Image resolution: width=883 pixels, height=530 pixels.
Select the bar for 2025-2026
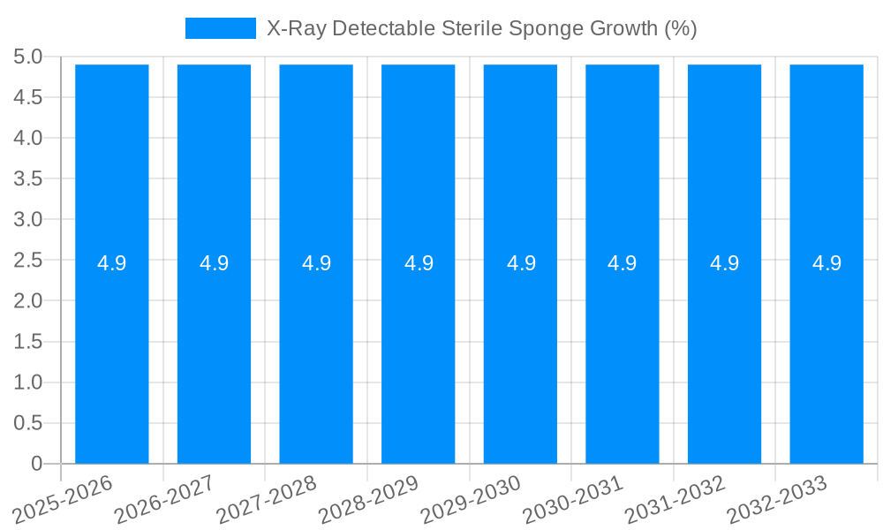(112, 353)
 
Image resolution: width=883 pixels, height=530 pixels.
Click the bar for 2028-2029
(419, 353)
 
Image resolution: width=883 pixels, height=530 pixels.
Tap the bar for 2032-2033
(826, 353)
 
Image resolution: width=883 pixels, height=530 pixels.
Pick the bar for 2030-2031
(623, 353)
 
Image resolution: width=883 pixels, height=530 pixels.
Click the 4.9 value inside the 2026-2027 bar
(214, 263)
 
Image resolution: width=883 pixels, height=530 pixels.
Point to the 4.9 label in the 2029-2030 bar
(521, 263)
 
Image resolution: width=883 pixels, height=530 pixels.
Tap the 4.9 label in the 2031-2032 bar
(725, 263)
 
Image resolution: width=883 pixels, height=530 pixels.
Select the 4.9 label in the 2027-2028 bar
(316, 263)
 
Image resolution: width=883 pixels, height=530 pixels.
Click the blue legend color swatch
(220, 28)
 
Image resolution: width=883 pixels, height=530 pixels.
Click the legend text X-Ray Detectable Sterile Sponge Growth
(481, 28)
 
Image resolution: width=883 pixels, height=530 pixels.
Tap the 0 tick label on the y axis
(36, 464)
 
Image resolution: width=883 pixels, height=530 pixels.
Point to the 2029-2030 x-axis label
(472, 498)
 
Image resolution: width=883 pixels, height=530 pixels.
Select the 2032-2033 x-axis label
(778, 498)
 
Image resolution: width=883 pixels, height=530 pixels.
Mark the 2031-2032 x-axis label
(676, 498)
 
